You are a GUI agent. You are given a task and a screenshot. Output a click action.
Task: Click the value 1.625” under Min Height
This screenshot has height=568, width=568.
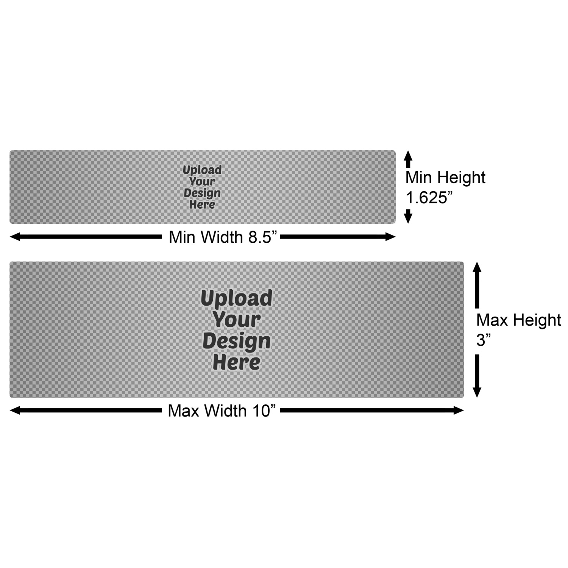click(429, 197)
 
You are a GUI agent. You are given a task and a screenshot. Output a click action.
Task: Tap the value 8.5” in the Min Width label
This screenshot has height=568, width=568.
click(262, 237)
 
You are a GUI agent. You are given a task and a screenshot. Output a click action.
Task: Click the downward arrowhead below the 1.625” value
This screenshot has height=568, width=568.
click(408, 218)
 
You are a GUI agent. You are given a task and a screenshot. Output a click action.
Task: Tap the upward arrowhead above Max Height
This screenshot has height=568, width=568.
click(477, 267)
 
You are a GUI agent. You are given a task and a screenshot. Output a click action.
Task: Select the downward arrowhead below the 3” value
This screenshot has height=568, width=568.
click(477, 392)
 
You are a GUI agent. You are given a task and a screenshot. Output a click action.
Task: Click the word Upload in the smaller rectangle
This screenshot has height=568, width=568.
click(202, 170)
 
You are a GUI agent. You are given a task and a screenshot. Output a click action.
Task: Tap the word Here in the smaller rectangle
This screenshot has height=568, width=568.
click(202, 205)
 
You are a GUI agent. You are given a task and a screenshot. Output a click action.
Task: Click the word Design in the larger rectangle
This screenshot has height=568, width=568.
click(237, 341)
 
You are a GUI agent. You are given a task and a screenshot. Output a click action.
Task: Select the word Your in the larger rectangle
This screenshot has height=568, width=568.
click(237, 320)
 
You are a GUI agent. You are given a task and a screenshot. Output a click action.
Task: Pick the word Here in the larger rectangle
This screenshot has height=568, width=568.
click(237, 362)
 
